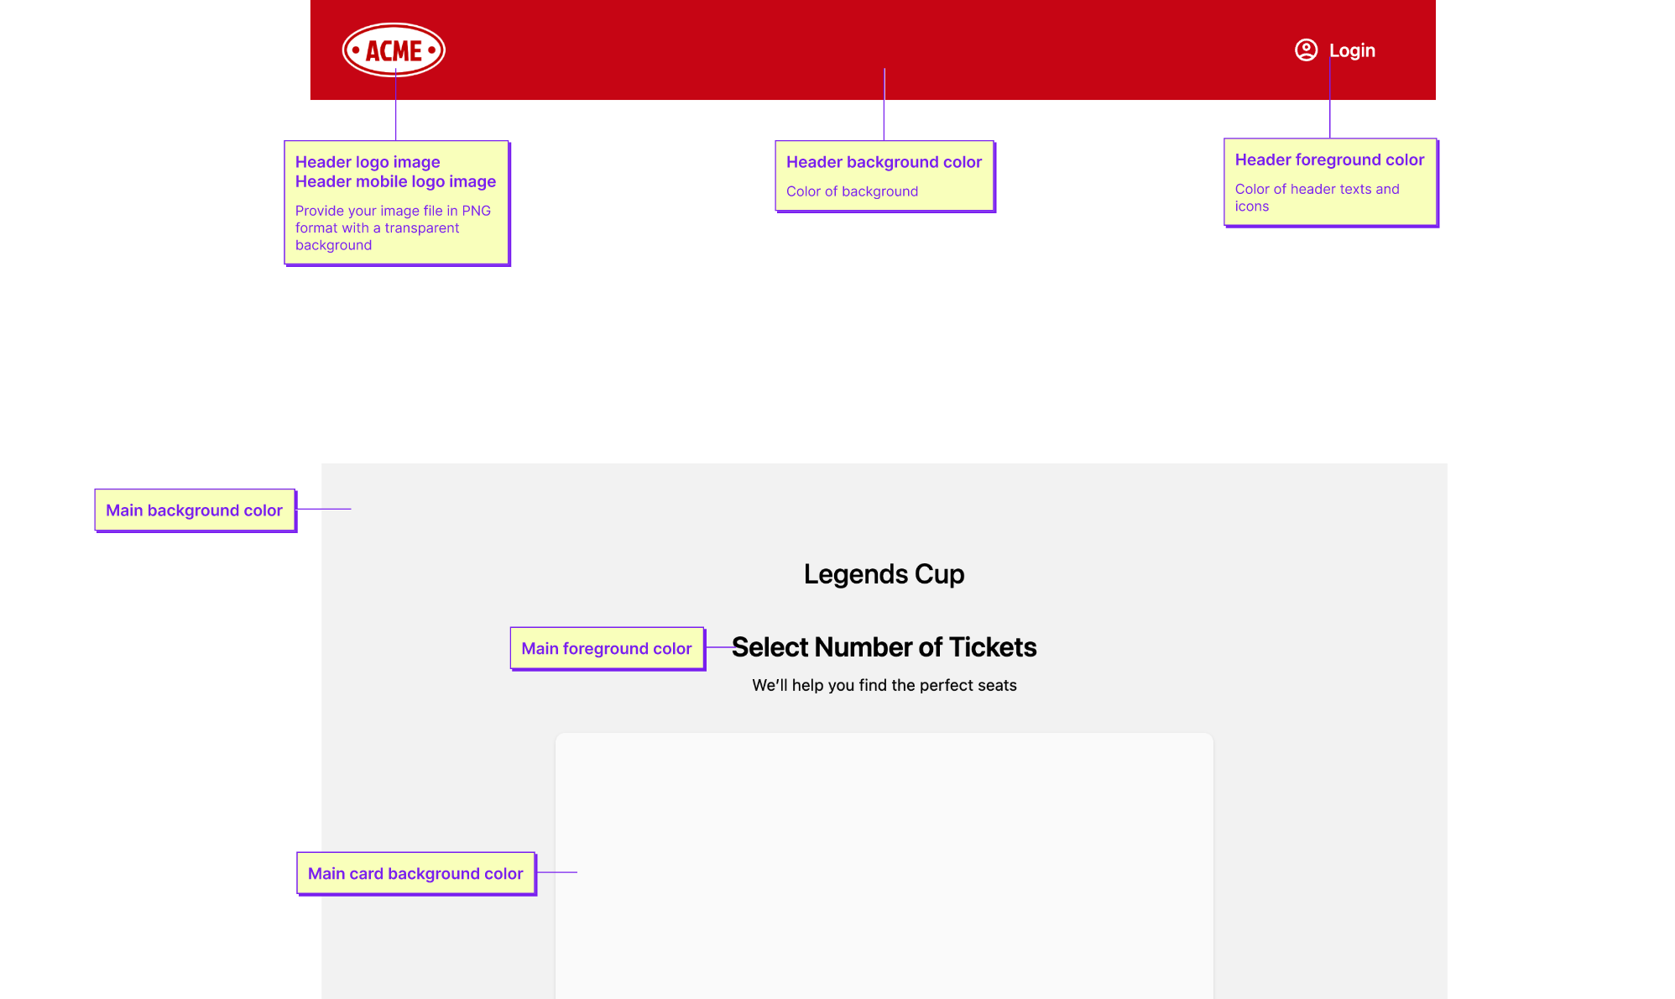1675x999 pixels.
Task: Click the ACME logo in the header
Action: coord(394,50)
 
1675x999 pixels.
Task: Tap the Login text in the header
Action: coord(1352,50)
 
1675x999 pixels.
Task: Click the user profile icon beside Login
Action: coord(1306,50)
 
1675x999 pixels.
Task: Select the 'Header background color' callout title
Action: coord(884,162)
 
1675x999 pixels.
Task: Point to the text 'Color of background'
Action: coord(852,191)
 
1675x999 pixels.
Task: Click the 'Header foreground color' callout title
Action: coord(1329,160)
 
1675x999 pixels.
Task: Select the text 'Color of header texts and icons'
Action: coord(1317,197)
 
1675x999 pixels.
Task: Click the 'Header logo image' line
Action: coord(368,162)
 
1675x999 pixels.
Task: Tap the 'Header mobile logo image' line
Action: coord(395,181)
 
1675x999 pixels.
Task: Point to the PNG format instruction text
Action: coord(393,228)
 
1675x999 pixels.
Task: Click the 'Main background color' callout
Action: coord(195,510)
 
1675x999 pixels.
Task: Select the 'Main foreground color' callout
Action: coord(607,648)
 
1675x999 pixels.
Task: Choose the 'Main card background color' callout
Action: coord(415,873)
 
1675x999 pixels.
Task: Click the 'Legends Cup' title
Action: coord(884,574)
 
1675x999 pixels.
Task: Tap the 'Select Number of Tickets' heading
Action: coord(884,647)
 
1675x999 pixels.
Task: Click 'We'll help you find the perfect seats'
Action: coord(884,685)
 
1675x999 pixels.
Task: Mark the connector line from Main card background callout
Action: coord(556,872)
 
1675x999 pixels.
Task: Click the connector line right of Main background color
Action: coord(324,509)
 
